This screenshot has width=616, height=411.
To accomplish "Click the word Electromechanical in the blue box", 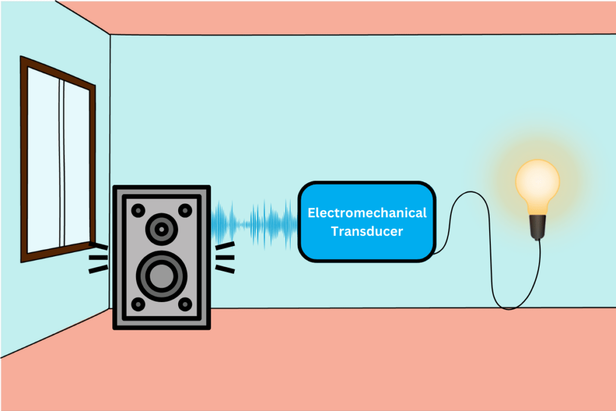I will pos(367,213).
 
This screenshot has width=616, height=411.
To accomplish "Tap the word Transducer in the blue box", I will pos(367,231).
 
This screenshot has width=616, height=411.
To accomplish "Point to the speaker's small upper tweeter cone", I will pos(161,229).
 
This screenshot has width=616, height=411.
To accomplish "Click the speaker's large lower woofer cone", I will pos(161,276).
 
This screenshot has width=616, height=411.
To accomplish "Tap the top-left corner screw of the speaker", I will pos(138,210).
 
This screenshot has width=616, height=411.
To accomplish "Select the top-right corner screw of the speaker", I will pos(185,210).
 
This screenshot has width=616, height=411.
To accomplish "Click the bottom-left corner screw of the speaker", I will pos(138,304).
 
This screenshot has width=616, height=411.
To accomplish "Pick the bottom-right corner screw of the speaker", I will pos(185,304).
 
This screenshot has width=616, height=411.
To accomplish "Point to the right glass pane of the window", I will pos(76,162).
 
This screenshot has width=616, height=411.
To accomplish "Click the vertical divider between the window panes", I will pos(61,159).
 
